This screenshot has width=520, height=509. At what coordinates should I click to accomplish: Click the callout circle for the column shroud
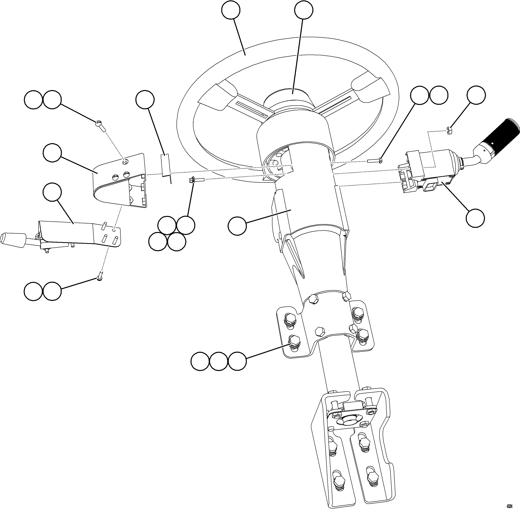[x=237, y=226]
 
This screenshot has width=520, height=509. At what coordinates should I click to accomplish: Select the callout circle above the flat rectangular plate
[x=145, y=100]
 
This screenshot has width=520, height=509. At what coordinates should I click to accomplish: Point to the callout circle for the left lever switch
[x=52, y=192]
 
